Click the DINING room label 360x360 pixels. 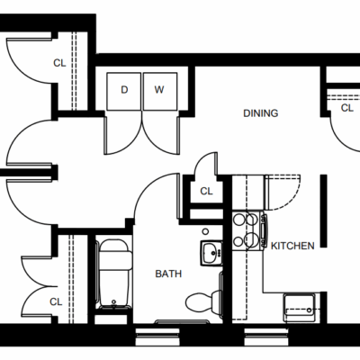[x=261, y=113]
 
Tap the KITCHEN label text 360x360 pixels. [x=292, y=246]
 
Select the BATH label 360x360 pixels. [x=168, y=274]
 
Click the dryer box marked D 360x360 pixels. [x=124, y=91]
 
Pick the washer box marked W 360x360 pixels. [x=160, y=91]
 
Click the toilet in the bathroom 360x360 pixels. [x=204, y=301]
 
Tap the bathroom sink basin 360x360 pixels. [x=211, y=253]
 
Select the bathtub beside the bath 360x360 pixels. [x=114, y=274]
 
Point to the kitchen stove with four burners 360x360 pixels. [x=249, y=231]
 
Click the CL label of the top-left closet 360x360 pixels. [x=59, y=63]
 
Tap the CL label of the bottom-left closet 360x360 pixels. [x=56, y=301]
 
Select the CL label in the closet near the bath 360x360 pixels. [x=206, y=191]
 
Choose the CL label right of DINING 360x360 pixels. [x=347, y=108]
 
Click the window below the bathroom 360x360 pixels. [x=157, y=337]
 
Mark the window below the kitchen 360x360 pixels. [x=266, y=337]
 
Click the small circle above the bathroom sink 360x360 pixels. [x=205, y=231]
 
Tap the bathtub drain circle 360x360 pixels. [x=113, y=301]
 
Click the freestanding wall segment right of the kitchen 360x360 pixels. [x=323, y=211]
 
